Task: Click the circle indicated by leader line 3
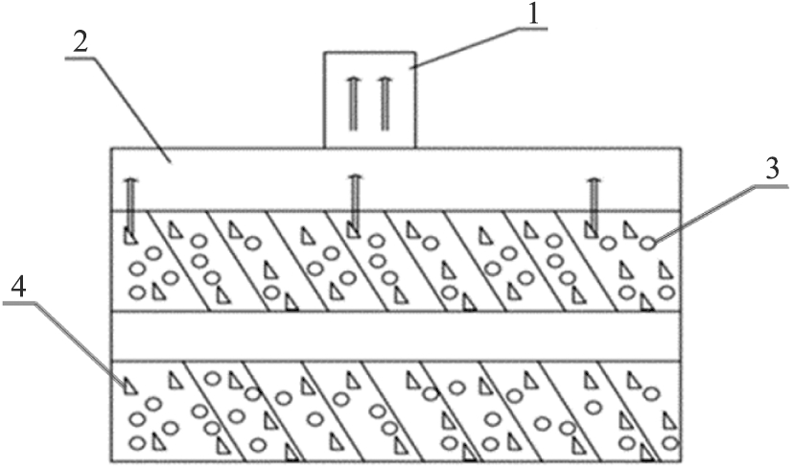click(648, 244)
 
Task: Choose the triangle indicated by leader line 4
click(128, 384)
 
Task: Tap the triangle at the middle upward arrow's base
click(353, 229)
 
